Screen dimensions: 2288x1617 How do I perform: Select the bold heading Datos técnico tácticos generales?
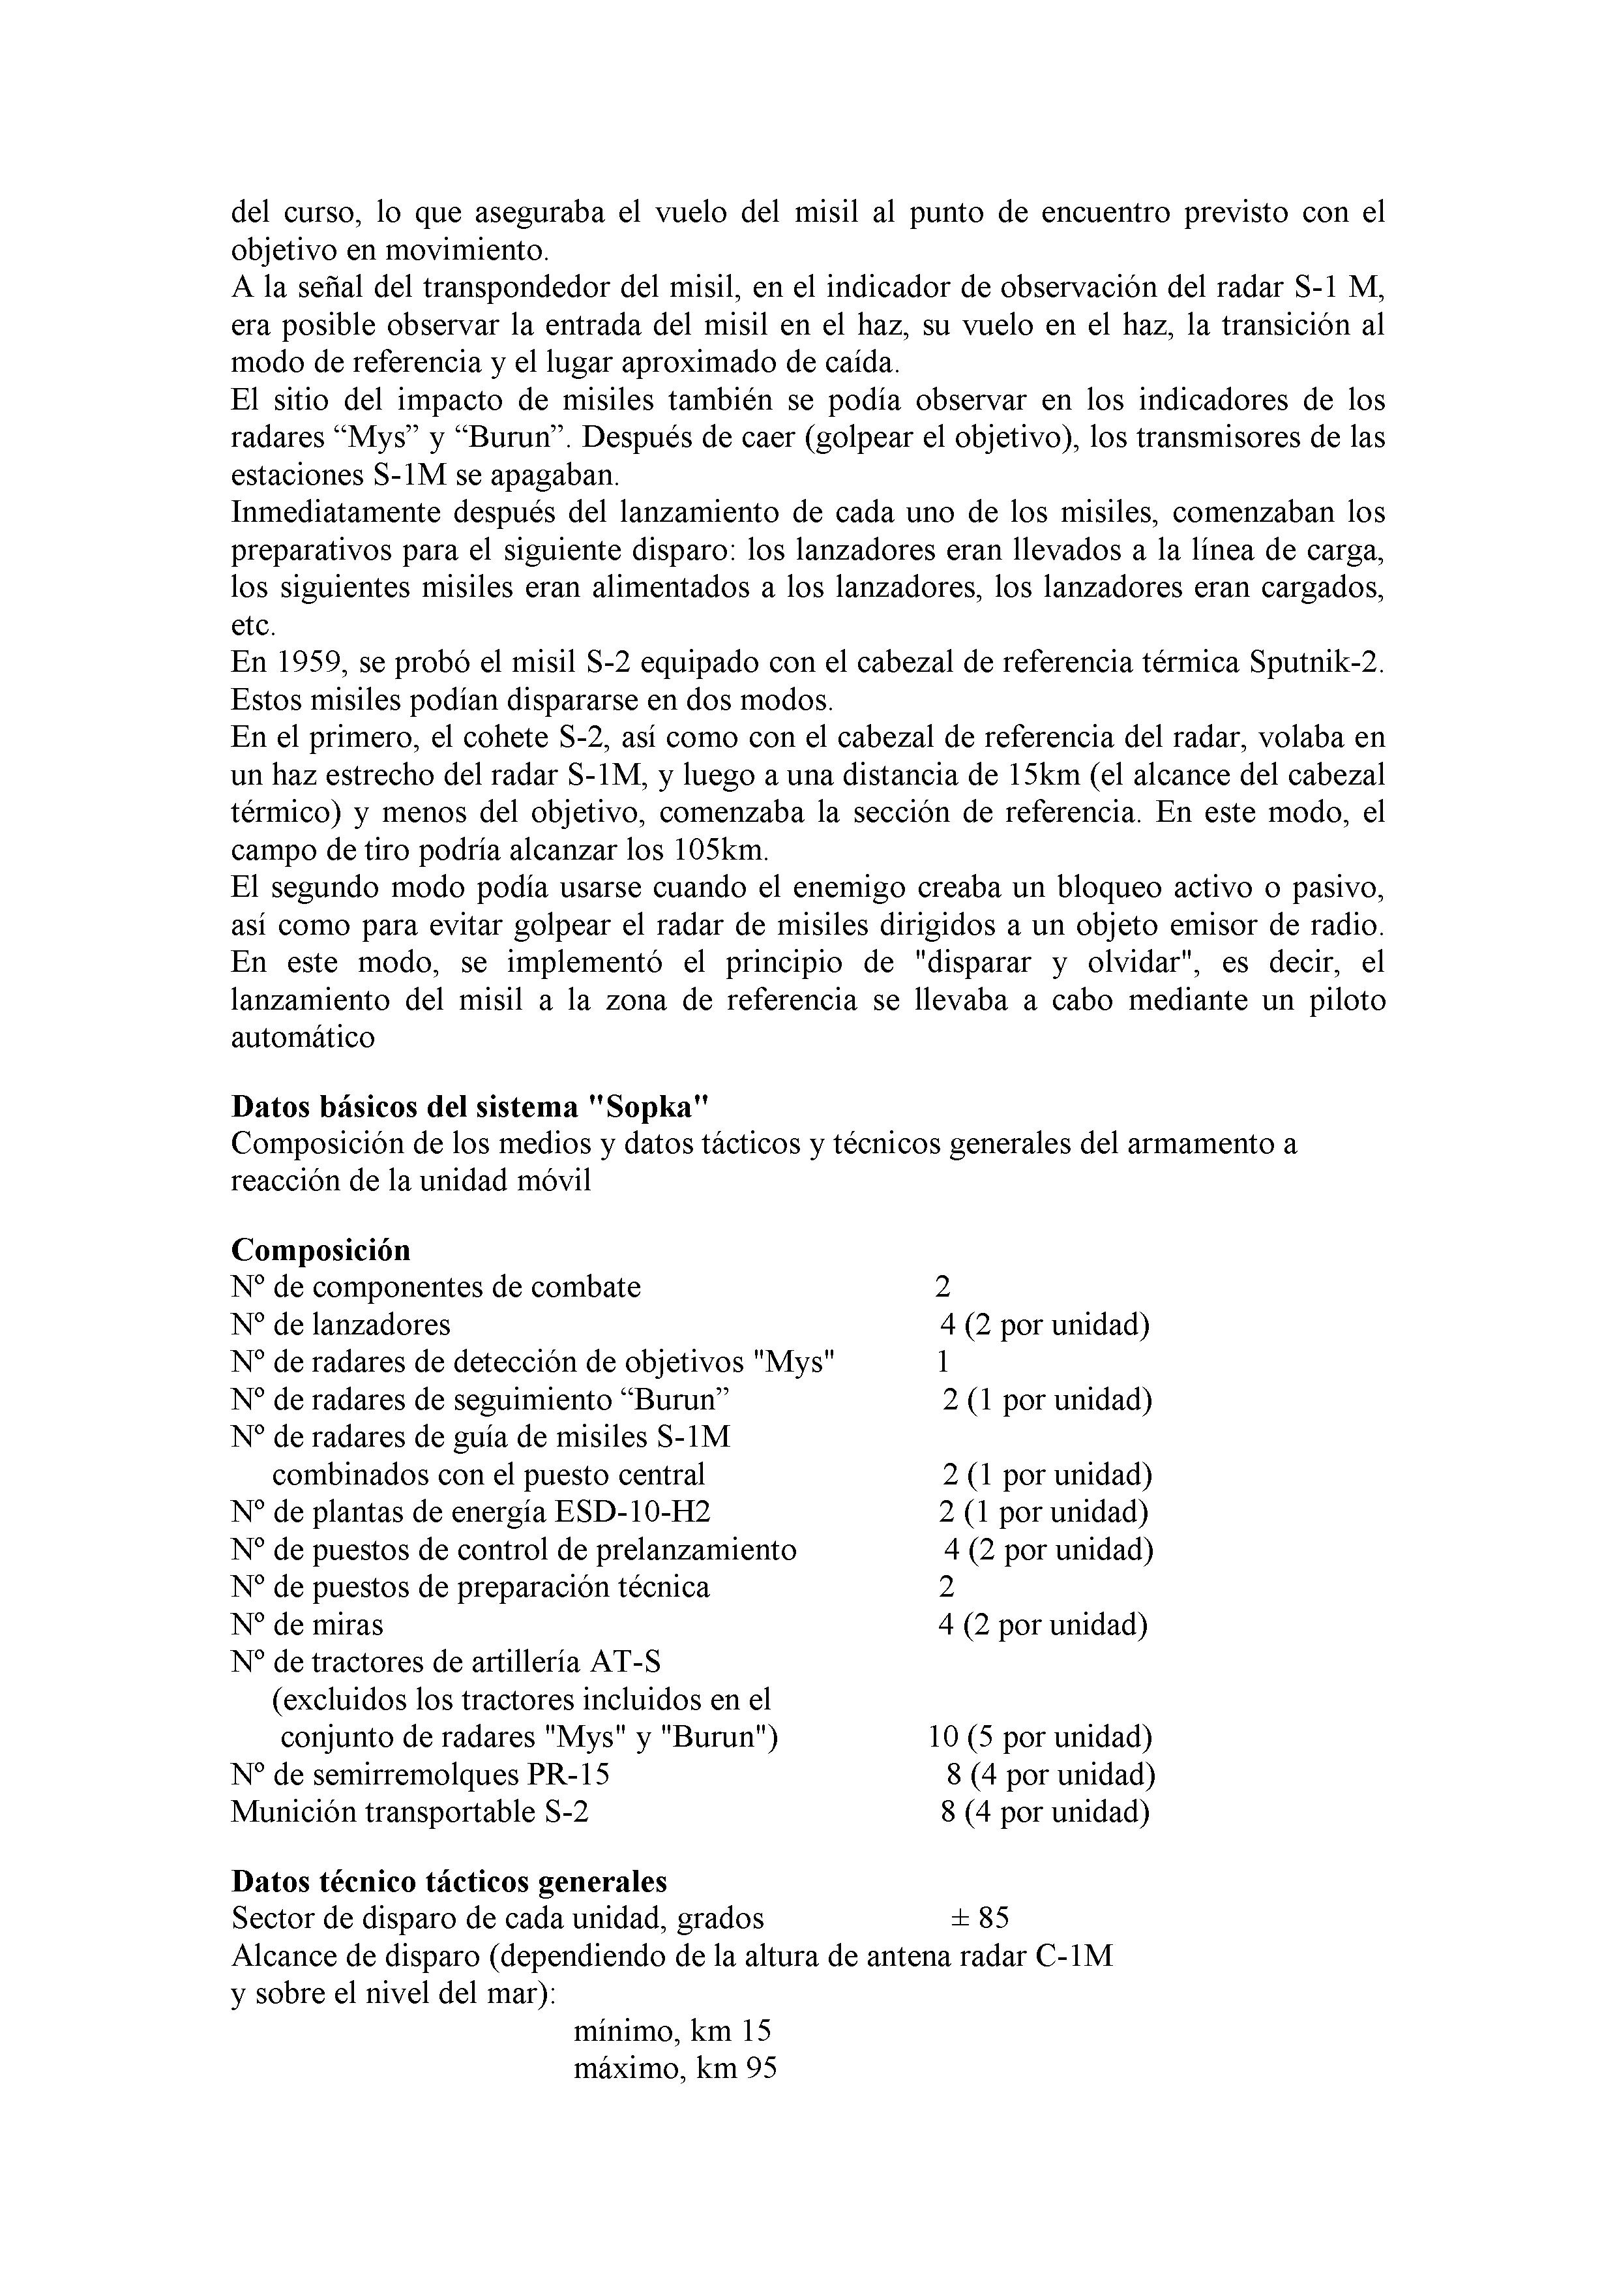coord(449,1882)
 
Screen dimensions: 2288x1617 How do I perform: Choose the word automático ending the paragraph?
coord(303,1038)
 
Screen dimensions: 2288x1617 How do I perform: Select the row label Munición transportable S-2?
coord(409,1812)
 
